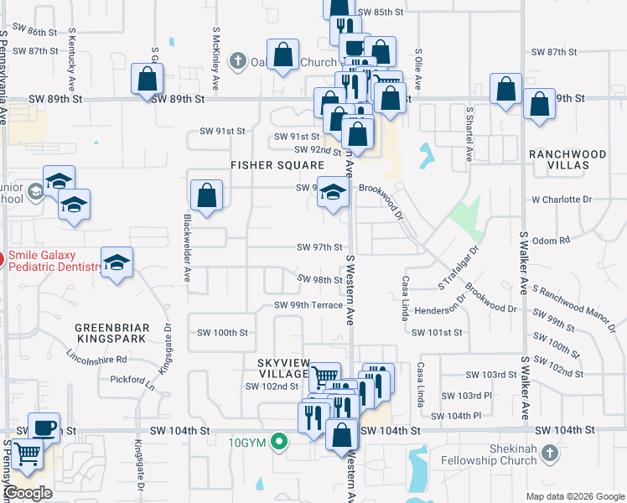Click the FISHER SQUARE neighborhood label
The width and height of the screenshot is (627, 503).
tap(277, 165)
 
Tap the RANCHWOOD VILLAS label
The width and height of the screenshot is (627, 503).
tap(567, 161)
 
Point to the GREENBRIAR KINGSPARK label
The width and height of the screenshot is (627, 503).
tap(111, 333)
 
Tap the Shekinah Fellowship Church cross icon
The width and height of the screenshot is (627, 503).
tap(549, 454)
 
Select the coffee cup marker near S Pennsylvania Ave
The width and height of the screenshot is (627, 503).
tap(44, 427)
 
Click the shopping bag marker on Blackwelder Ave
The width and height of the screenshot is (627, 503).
tap(206, 197)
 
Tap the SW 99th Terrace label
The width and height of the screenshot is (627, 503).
tap(308, 305)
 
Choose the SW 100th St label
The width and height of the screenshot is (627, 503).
tap(220, 332)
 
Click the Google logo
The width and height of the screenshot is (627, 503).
tap(28, 494)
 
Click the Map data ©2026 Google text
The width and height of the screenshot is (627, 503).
tap(575, 496)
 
